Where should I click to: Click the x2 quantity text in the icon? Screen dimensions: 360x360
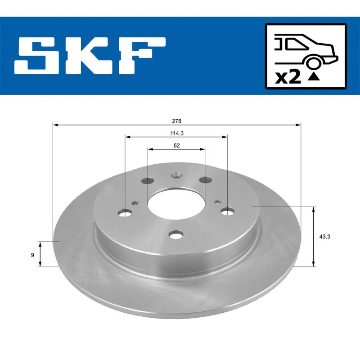coord(287,77)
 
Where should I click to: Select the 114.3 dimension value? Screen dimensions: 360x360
coord(176,133)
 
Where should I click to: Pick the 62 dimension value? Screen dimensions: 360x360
coord(176,145)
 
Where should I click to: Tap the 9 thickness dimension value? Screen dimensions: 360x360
coord(32,255)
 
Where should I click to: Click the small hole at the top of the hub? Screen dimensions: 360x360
coord(176,176)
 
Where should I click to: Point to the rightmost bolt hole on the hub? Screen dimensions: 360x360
coord(228,210)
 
